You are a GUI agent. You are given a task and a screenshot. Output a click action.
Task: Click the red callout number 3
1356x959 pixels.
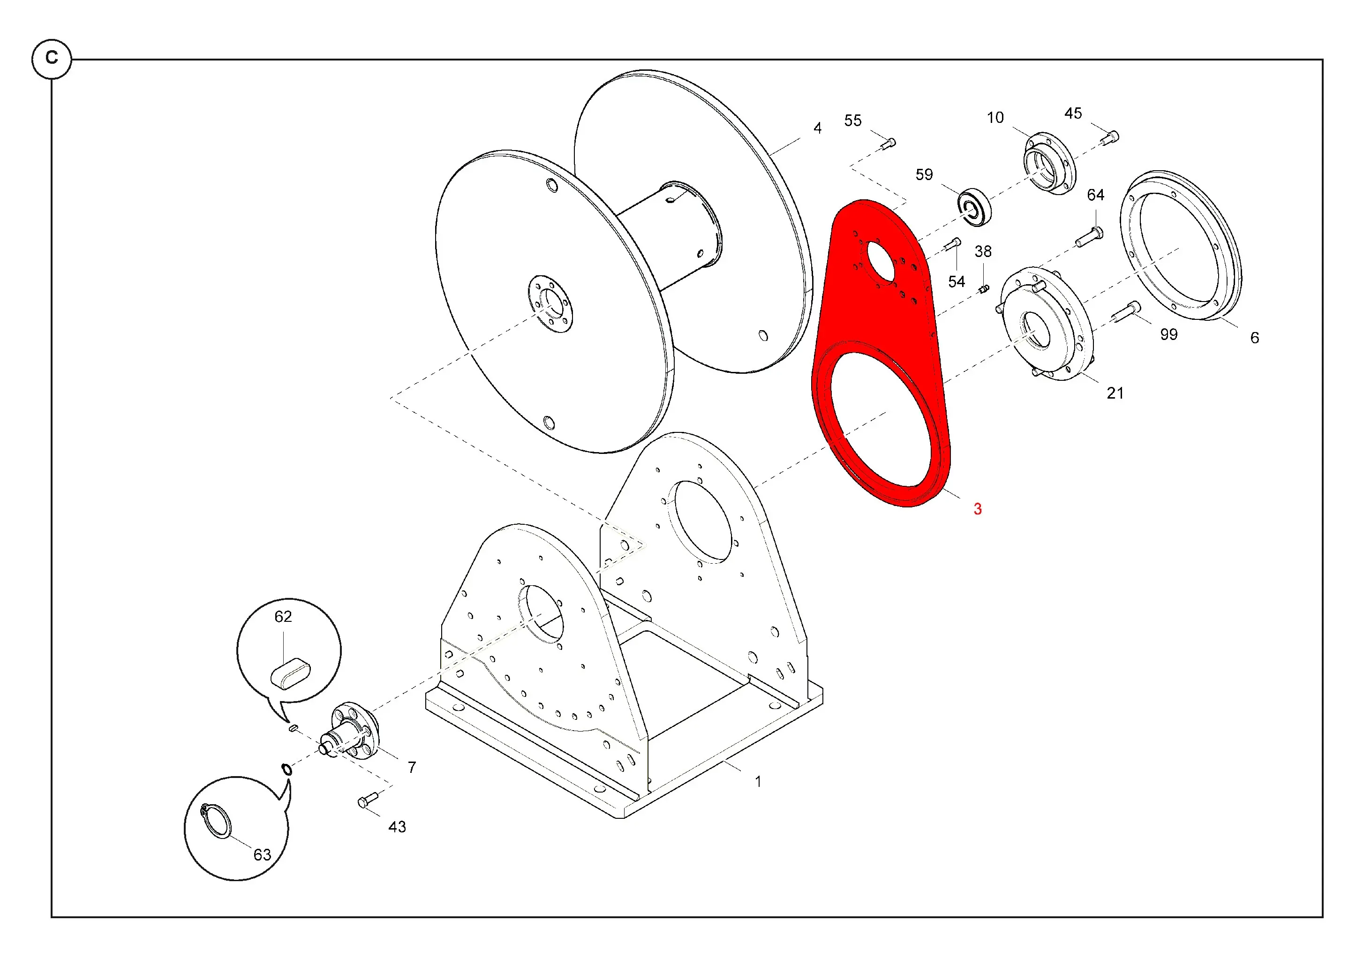pos(978,509)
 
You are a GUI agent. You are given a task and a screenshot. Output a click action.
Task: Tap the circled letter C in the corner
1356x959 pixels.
pos(52,59)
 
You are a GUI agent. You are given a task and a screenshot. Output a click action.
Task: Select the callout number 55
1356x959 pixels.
pos(853,121)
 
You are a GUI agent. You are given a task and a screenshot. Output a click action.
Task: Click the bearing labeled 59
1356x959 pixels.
pos(974,207)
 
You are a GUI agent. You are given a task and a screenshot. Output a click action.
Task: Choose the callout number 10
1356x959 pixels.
pos(995,118)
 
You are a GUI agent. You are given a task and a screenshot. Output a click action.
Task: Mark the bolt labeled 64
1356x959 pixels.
pos(1089,237)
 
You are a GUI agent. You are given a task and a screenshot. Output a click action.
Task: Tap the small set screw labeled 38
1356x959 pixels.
pos(983,289)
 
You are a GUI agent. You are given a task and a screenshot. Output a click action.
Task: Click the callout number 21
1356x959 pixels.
pos(1115,393)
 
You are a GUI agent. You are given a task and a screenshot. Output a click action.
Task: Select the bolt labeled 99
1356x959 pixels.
pos(1126,312)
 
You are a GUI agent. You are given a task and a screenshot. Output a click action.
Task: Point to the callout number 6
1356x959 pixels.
pos(1254,338)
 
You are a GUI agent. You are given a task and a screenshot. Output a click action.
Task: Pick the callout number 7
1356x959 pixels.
pos(412,767)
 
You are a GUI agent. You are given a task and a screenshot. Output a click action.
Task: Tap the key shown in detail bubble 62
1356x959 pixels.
pos(290,674)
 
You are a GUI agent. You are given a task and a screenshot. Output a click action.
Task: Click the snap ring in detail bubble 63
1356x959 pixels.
pos(216,820)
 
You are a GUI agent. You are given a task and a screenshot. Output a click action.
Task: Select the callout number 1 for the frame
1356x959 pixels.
pos(758,782)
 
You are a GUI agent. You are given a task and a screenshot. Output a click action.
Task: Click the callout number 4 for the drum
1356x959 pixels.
pos(817,128)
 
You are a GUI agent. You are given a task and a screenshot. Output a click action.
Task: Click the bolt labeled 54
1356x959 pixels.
pos(952,244)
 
